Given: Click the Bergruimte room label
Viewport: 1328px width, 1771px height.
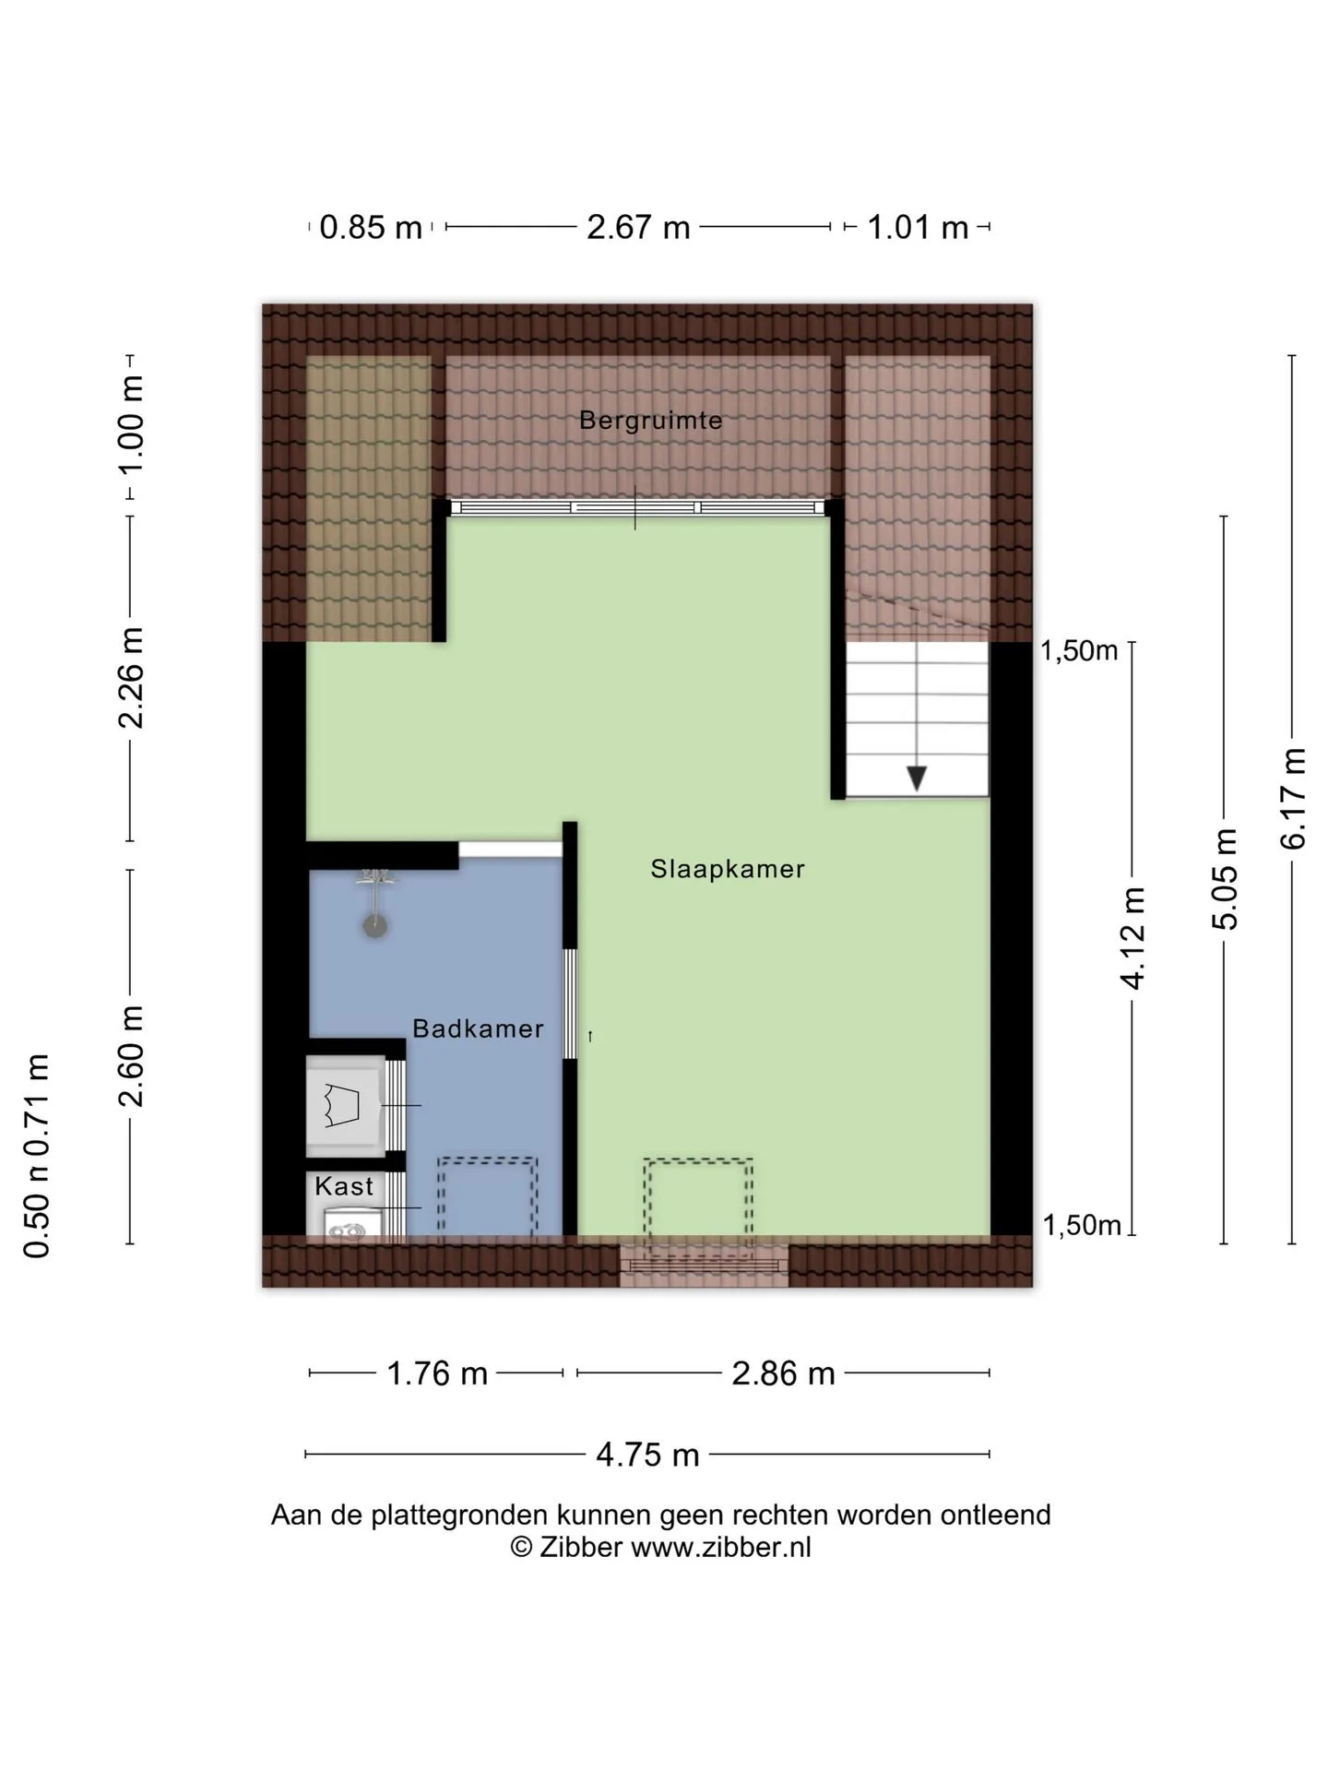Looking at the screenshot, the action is click(650, 421).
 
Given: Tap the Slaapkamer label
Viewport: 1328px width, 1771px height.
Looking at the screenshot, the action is click(728, 869).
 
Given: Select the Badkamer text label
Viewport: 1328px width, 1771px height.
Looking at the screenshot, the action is click(478, 1028).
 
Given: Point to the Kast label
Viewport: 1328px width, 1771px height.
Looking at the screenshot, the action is click(344, 1186).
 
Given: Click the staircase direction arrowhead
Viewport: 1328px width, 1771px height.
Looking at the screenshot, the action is click(917, 779).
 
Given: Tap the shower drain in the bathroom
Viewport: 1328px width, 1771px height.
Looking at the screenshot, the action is click(374, 925).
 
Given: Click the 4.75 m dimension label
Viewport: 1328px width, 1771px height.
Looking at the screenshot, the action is click(647, 1455).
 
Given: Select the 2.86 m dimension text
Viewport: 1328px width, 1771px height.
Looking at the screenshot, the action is click(783, 1373).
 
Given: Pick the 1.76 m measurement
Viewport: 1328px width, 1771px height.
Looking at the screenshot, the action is click(436, 1373).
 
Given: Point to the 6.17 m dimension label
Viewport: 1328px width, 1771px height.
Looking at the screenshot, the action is click(1293, 798).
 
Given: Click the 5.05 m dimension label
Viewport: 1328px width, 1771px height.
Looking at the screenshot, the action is click(1226, 878).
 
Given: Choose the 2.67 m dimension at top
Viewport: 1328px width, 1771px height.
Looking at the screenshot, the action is click(638, 227).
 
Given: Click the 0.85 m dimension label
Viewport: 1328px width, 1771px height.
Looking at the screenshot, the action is click(371, 227).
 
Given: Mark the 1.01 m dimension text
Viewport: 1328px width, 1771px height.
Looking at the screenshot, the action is click(918, 227).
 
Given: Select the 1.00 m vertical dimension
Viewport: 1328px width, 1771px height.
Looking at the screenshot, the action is click(130, 424).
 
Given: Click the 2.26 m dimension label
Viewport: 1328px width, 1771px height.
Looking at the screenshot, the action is click(130, 678).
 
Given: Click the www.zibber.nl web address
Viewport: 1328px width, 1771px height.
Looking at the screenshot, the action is click(721, 1547).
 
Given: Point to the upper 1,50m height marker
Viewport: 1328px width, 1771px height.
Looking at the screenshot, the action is click(1079, 650).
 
